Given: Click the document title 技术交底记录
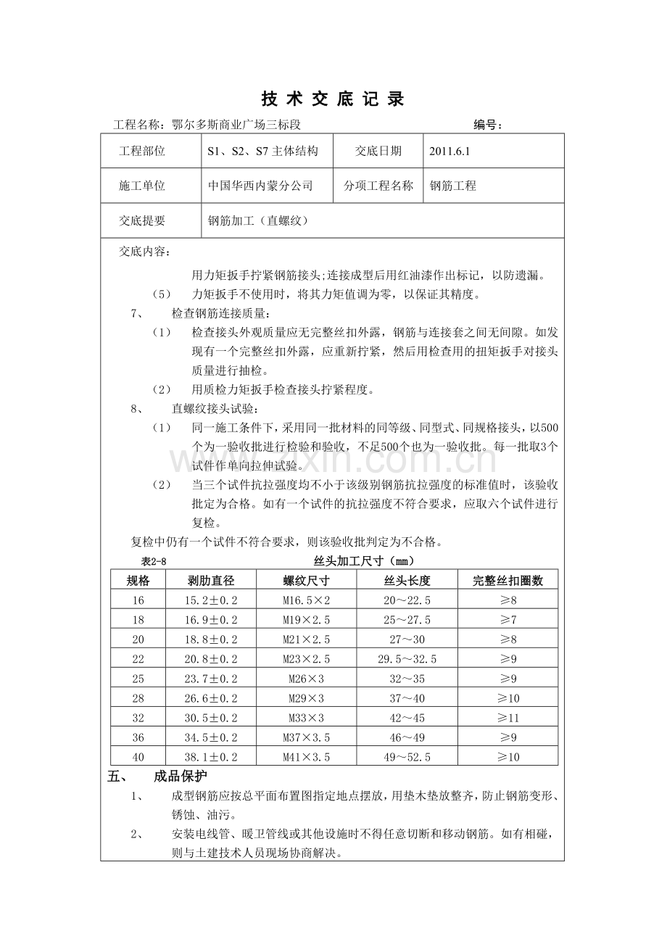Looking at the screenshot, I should pyautogui.click(x=333, y=99).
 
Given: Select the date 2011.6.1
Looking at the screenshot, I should pyautogui.click(x=449, y=152).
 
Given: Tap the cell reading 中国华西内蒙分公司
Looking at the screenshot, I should pyautogui.click(x=260, y=186).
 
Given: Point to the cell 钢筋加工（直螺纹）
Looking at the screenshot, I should pyautogui.click(x=258, y=221).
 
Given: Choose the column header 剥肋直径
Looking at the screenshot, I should pyautogui.click(x=211, y=581).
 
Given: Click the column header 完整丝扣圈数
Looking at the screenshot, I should pyautogui.click(x=507, y=581).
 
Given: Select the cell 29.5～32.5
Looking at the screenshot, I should pyautogui.click(x=407, y=659).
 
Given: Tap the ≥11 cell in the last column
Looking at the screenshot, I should pyautogui.click(x=507, y=718).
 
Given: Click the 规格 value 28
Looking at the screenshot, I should pyautogui.click(x=138, y=698).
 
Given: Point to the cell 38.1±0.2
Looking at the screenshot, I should pyautogui.click(x=211, y=757).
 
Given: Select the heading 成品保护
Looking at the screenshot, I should pyautogui.click(x=180, y=777).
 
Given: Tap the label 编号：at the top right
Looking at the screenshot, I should pyautogui.click(x=489, y=125).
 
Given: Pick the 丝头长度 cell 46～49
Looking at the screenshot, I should pyautogui.click(x=407, y=737).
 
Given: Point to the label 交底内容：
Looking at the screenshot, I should pyautogui.click(x=145, y=252).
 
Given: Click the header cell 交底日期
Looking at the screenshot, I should pyautogui.click(x=378, y=152).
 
